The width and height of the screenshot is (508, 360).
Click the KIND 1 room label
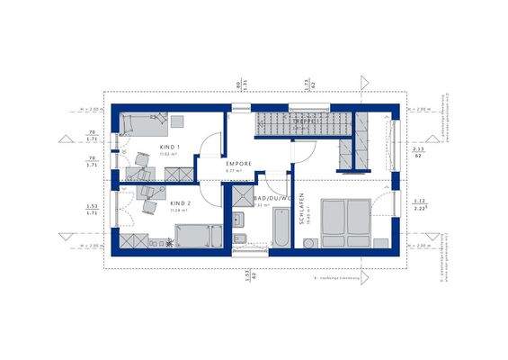170,146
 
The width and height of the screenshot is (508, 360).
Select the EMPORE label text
238,163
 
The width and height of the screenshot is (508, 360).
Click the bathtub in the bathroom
278,229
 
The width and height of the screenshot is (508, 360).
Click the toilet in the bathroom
239,238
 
